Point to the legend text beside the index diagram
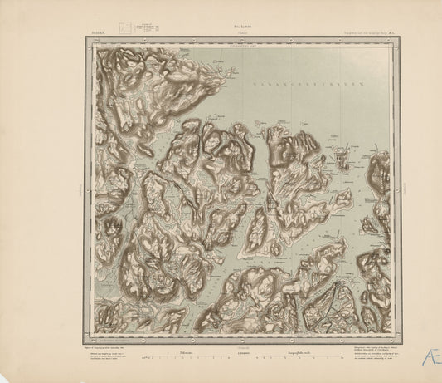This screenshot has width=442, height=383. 146,27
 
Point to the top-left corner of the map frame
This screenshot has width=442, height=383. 85,39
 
